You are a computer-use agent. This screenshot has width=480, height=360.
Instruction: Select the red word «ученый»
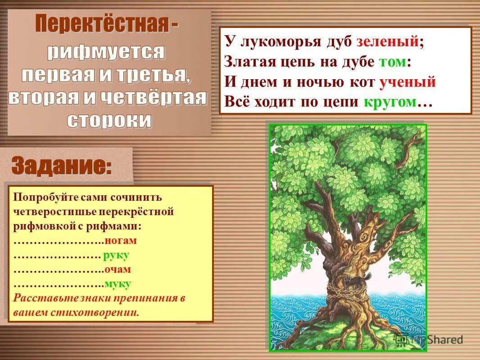[408, 82]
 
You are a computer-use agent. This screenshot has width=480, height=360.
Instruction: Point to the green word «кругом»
[389, 102]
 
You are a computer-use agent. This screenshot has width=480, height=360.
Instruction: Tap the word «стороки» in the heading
[109, 120]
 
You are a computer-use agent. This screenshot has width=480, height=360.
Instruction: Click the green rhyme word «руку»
[116, 255]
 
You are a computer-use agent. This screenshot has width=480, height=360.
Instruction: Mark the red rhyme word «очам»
[118, 270]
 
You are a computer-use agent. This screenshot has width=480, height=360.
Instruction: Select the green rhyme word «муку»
[118, 284]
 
